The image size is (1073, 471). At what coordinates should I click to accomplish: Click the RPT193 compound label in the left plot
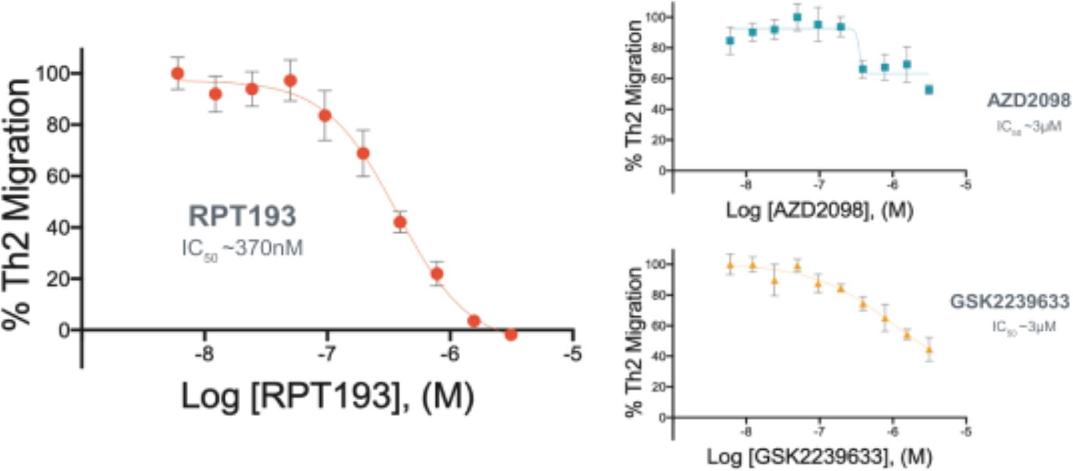[242, 216]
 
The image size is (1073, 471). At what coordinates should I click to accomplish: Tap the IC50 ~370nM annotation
[242, 249]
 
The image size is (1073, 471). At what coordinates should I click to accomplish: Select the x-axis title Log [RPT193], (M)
[327, 396]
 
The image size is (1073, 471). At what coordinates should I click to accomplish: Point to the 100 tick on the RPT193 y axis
[56, 74]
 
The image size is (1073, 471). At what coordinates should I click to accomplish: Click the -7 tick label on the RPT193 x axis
[326, 355]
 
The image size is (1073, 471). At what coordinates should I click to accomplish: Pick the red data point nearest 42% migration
[400, 222]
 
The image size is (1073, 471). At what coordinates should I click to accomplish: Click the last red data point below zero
[511, 334]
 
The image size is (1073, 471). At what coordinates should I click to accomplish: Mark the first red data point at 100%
[178, 73]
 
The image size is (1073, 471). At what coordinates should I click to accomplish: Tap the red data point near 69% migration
[363, 153]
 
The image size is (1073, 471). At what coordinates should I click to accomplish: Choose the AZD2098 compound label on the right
[1029, 100]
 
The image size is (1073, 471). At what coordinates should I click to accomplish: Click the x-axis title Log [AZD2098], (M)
[819, 210]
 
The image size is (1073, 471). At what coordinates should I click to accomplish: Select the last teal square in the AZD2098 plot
[929, 90]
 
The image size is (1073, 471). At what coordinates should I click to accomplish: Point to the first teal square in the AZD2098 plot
[730, 41]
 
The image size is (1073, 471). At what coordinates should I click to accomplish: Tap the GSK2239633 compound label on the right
[1009, 302]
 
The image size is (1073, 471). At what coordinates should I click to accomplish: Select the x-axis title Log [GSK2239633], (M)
[819, 457]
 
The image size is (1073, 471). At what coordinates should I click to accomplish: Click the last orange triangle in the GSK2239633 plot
[929, 349]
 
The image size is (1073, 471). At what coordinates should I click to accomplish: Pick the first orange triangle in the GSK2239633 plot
[730, 265]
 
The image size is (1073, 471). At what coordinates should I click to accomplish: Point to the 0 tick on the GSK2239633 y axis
[662, 418]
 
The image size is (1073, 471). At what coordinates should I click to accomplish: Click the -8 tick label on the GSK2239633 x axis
[745, 432]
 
